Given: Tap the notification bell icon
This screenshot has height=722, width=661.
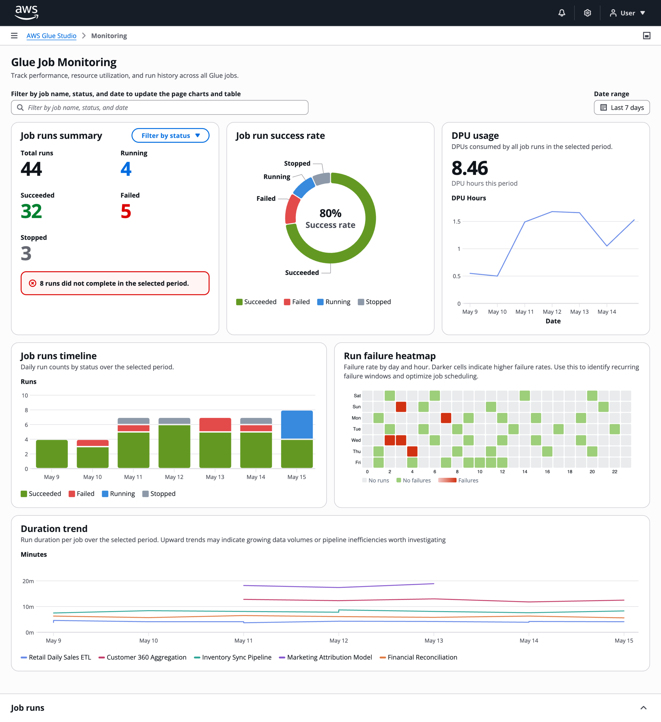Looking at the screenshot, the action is coord(562,13).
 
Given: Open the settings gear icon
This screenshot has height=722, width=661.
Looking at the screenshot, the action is coord(587,13).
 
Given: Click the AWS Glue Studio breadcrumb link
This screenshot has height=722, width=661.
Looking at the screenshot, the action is coord(52,36).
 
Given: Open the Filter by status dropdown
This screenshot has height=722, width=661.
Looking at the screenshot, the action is coord(170,135).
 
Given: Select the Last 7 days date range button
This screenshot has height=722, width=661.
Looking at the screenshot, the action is coord(622,107).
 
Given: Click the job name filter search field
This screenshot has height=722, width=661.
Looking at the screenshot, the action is coord(160,107).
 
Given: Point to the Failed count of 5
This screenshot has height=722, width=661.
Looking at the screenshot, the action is coord(126,211).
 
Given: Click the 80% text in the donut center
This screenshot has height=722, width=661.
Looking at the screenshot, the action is coord(330,213).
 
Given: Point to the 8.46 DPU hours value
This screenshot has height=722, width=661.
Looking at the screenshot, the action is coord(470,168).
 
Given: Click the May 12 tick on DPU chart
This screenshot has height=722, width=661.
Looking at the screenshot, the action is coord(552,312).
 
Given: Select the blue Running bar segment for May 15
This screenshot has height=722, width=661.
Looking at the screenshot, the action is coord(297,425).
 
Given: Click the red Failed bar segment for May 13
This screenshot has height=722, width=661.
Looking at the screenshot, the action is coord(215,425).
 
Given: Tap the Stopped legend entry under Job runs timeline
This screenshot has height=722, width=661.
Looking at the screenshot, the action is coord(159,494).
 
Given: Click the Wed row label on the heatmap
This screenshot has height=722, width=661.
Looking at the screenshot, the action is coord(356,440).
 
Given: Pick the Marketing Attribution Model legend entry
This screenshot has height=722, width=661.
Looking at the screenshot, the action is coord(325,657).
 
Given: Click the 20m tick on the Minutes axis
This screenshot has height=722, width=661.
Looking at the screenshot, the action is coord(28,581).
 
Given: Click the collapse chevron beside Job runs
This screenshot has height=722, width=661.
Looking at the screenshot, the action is coord(644,708).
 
